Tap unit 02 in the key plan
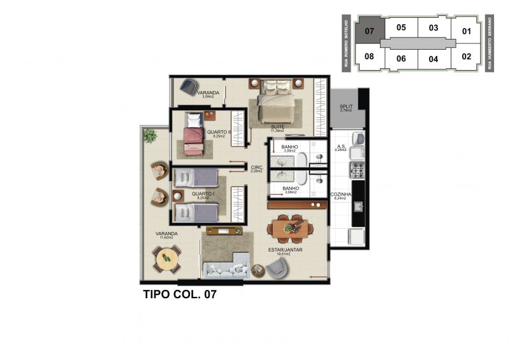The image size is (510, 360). [x=466, y=56]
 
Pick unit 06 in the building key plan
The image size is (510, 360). [x=401, y=59]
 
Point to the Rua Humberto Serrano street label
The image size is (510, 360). [x=490, y=43]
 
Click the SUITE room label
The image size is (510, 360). [x=277, y=127]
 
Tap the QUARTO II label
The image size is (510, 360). [x=219, y=133]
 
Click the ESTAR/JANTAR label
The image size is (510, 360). [x=289, y=250]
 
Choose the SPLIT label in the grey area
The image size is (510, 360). [x=346, y=106]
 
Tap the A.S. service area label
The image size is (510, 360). [x=341, y=147]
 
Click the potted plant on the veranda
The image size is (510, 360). [x=150, y=135]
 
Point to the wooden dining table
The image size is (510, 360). [x=289, y=227]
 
